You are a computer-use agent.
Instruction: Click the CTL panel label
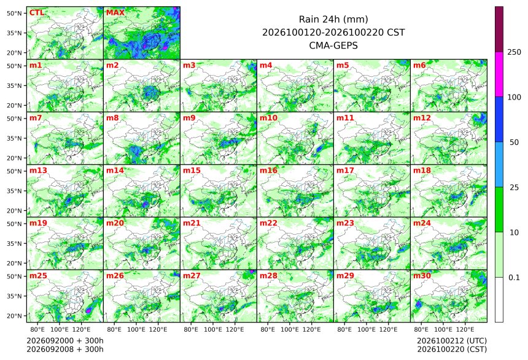[37, 13]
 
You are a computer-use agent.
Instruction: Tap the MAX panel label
[115, 13]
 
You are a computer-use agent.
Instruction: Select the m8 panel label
[112, 118]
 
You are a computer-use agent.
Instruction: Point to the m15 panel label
[192, 171]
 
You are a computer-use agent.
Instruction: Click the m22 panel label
[268, 223]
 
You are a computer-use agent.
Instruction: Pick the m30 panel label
[422, 276]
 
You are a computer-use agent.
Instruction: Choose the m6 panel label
[419, 65]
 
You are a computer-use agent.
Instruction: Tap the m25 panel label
[38, 276]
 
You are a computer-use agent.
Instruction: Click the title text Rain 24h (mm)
[333, 20]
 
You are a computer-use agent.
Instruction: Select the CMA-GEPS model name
[333, 45]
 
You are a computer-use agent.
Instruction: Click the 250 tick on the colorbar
[514, 52]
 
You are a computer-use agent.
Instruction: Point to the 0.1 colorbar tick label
[514, 278]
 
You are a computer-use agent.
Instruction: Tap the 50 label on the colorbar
[514, 143]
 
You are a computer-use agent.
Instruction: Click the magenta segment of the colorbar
[499, 74]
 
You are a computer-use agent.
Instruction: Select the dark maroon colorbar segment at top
[499, 29]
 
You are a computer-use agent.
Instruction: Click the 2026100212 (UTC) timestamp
[452, 341]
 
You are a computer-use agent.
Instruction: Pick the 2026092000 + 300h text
[65, 341]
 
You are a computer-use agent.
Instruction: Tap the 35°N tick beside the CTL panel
[14, 33]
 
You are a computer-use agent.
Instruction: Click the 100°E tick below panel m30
[443, 329]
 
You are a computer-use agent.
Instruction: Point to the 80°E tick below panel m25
[37, 329]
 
